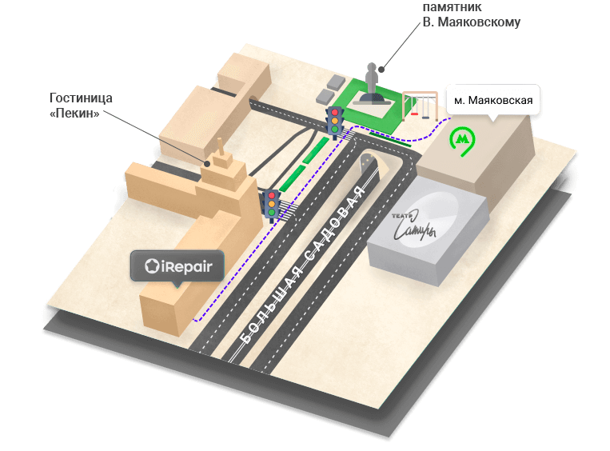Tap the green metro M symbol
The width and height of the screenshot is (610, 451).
click(x=461, y=140)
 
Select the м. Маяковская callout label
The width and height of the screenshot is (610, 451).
click(x=492, y=101)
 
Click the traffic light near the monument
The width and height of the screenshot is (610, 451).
click(x=334, y=121)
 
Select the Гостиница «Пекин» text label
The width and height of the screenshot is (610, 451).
click(x=80, y=106)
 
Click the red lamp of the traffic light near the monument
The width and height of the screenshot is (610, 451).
click(x=334, y=112)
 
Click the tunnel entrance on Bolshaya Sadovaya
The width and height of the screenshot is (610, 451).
click(x=369, y=167)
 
